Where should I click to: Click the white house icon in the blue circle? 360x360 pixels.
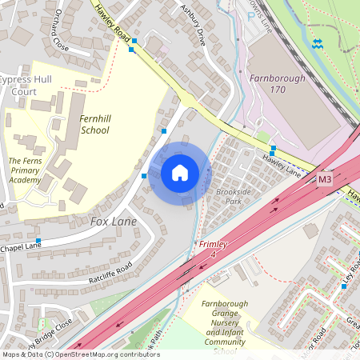tap(180, 172)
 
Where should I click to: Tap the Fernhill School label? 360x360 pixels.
tap(94, 124)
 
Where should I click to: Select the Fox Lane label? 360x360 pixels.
tap(113, 221)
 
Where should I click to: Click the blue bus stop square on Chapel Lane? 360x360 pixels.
tap(38, 241)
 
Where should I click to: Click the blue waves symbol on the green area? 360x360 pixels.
tap(318, 42)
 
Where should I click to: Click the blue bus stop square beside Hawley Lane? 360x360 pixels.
tap(273, 149)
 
